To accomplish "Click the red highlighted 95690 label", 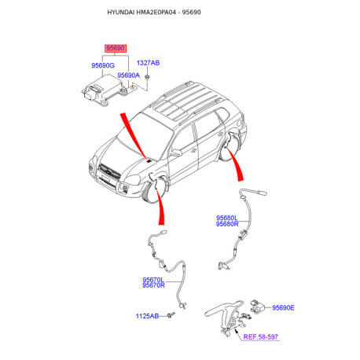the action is (116, 49).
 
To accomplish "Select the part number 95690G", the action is (103, 65).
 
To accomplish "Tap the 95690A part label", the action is (128, 75).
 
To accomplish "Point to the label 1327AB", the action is (148, 63).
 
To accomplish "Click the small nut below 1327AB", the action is (147, 77).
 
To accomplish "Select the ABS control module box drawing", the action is (103, 90).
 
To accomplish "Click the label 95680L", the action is (227, 218).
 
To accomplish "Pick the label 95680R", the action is (227, 224).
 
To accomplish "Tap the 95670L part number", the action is (153, 280).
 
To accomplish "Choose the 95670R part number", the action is (153, 285).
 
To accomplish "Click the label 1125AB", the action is (147, 316).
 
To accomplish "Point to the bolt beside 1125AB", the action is (171, 315).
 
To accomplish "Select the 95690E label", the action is (283, 307).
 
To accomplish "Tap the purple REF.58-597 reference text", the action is (261, 336).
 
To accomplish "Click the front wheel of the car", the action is (154, 192).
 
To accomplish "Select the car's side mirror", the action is (176, 152).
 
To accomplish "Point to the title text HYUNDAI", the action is (121, 13).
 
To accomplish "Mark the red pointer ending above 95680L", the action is (235, 164).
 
